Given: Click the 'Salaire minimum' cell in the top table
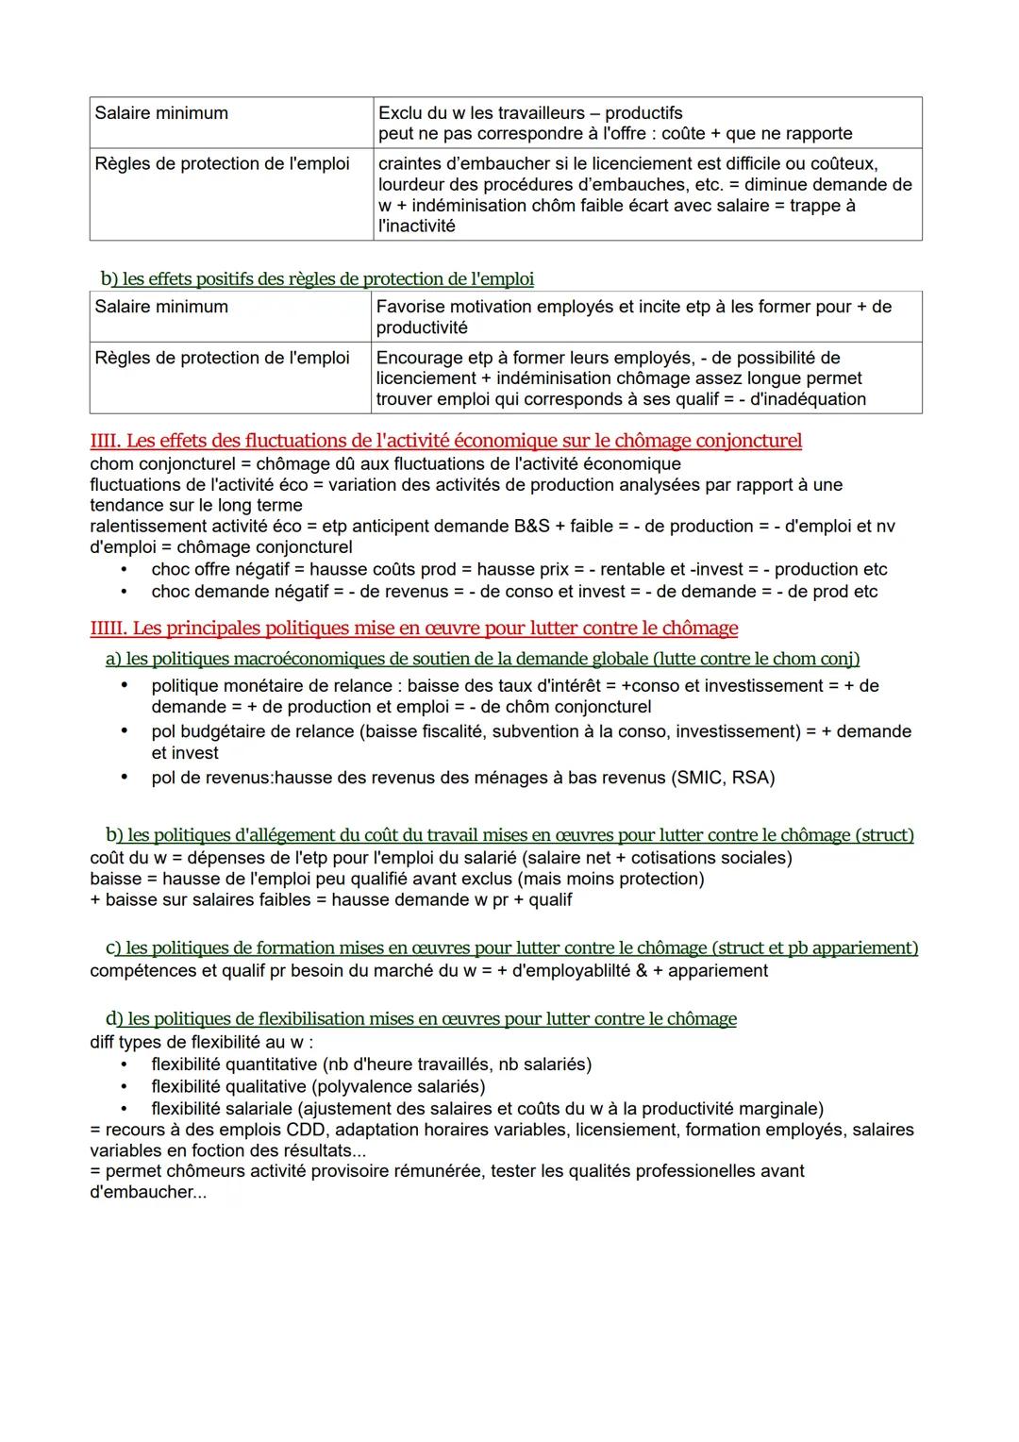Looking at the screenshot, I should tap(161, 113).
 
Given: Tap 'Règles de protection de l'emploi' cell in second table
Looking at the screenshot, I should tap(222, 358).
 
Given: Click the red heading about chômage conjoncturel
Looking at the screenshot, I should tap(445, 441).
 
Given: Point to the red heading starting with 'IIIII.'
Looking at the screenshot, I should tap(413, 629).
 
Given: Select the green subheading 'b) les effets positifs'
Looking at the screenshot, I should tap(317, 279).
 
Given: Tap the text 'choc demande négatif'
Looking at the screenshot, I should tap(239, 592).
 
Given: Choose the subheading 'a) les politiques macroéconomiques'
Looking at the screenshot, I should tap(482, 659).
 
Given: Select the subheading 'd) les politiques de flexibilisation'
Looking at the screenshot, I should tap(421, 1019).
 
